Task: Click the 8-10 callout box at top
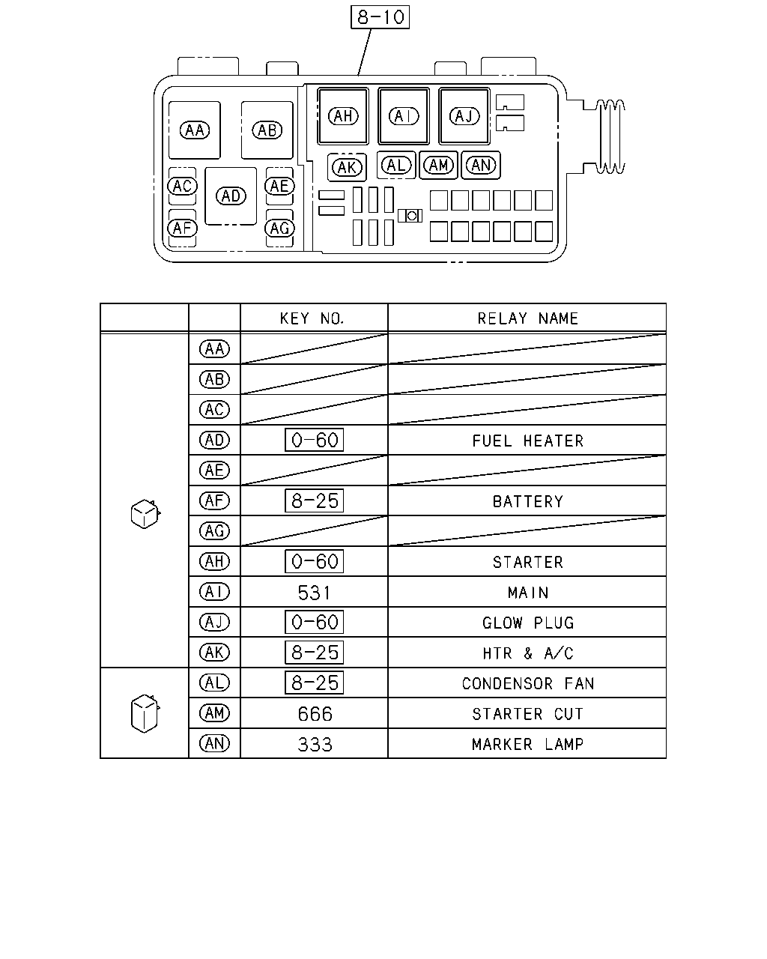(x=380, y=17)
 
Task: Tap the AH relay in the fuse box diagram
(x=343, y=116)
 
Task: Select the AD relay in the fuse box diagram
(x=231, y=196)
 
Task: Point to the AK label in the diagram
(x=347, y=168)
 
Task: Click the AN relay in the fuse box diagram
(x=481, y=166)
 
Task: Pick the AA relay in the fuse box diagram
(x=194, y=130)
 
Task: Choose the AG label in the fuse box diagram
(x=279, y=229)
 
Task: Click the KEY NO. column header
(x=312, y=318)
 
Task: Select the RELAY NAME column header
(x=527, y=318)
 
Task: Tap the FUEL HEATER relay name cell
(x=527, y=441)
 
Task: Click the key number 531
(x=314, y=593)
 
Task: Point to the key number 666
(x=315, y=714)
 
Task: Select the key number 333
(x=315, y=744)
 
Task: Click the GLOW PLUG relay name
(x=528, y=623)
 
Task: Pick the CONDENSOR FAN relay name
(x=528, y=683)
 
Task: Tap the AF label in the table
(x=214, y=500)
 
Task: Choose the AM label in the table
(x=214, y=713)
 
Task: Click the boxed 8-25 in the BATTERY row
(x=314, y=501)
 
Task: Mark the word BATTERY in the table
(x=527, y=501)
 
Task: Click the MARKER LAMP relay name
(x=527, y=744)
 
